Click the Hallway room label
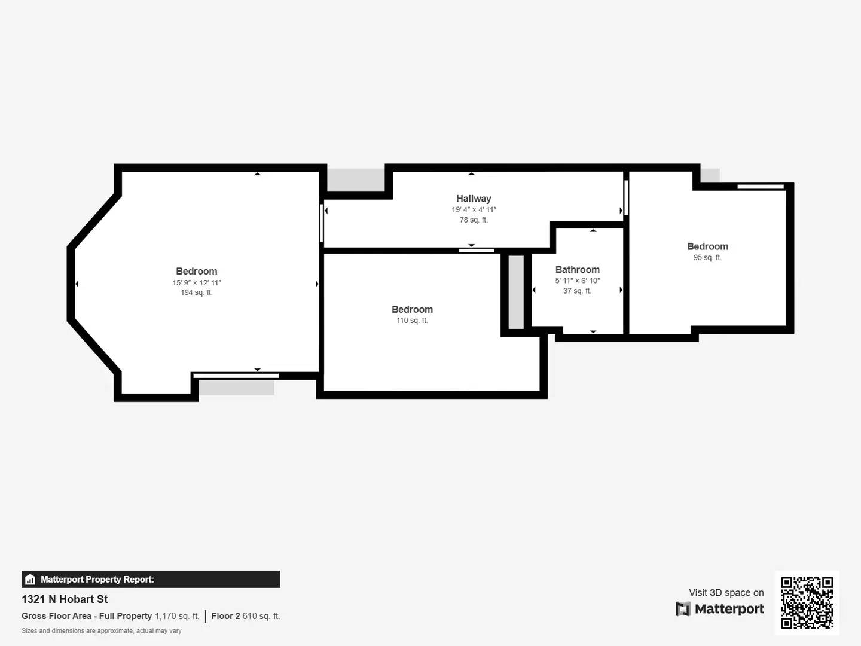click(474, 199)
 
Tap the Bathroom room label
click(577, 270)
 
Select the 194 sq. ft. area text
click(196, 292)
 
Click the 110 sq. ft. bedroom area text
click(412, 321)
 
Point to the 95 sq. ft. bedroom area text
click(707, 258)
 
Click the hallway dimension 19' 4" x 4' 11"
click(474, 209)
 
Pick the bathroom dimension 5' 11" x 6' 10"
click(577, 281)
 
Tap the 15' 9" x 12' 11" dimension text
click(196, 282)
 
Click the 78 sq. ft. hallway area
click(474, 220)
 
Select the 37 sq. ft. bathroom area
click(577, 291)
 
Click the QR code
click(807, 602)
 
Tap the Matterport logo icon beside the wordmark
click(683, 609)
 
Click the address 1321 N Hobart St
click(65, 599)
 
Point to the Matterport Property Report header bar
click(151, 579)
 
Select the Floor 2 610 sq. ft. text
click(245, 616)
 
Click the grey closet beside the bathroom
click(516, 292)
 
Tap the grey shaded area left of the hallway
click(356, 179)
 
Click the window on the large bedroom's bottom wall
click(236, 376)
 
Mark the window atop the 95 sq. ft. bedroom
click(760, 187)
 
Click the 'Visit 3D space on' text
click(726, 593)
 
